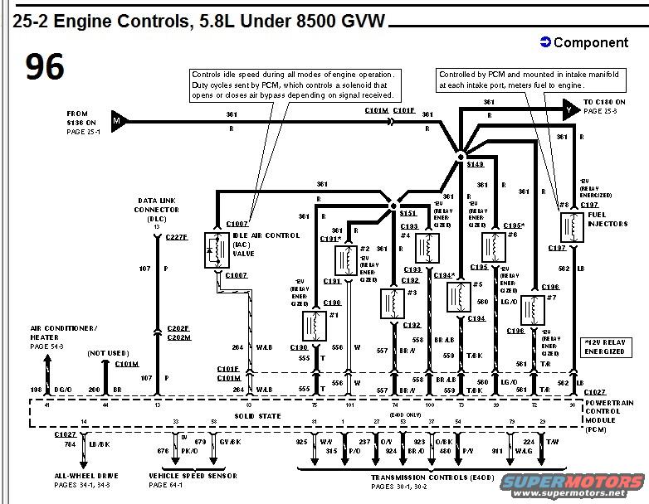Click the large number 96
45,67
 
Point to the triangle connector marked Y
569,108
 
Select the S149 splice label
475,165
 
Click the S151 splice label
407,213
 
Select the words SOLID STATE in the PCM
258,415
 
